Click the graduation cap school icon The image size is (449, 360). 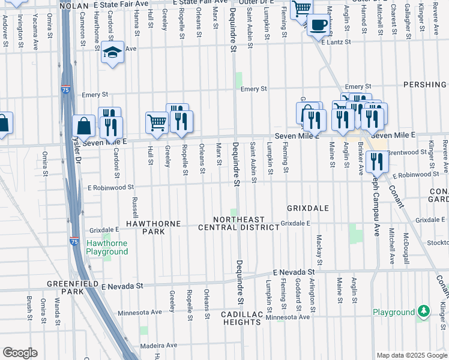112,53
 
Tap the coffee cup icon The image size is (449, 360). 318,25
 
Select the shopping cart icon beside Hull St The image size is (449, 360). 157,123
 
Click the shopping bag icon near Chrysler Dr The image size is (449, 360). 83,126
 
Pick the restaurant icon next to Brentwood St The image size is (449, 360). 377,161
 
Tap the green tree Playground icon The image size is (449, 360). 424,311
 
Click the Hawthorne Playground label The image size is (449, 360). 107,247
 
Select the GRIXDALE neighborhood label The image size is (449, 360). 307,208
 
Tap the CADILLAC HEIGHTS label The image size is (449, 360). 240,318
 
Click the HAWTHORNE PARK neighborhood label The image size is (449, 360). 153,227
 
